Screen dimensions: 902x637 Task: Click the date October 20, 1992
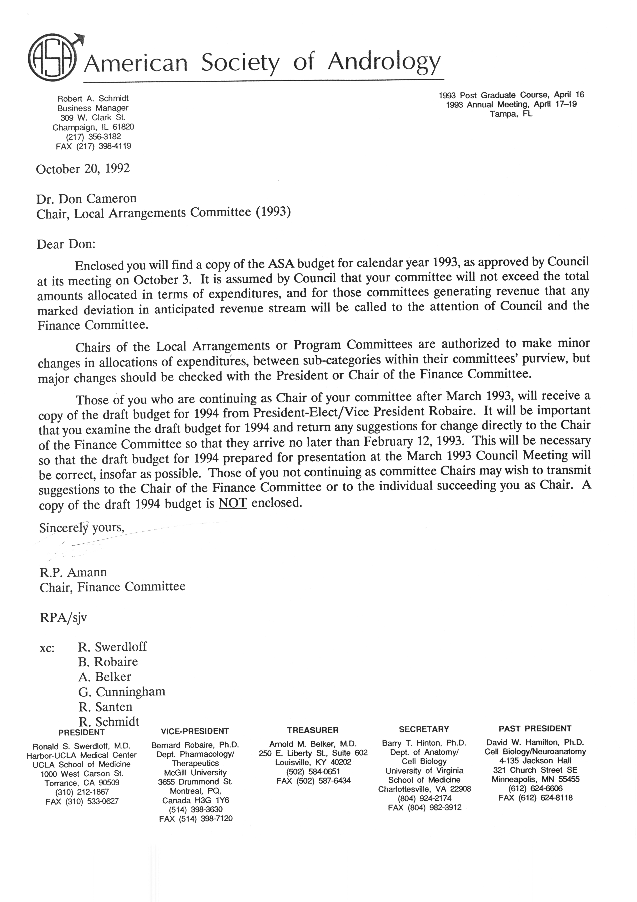[x=83, y=169]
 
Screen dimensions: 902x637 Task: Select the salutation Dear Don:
[x=66, y=244]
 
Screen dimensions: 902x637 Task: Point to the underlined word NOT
[x=233, y=503]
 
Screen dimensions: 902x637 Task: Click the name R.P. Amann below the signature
[x=73, y=572]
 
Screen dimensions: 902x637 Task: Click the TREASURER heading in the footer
[x=312, y=730]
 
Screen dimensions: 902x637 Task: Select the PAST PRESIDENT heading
[x=535, y=729]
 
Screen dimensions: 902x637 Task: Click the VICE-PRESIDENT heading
[x=195, y=731]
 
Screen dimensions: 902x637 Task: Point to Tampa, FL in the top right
[x=511, y=114]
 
